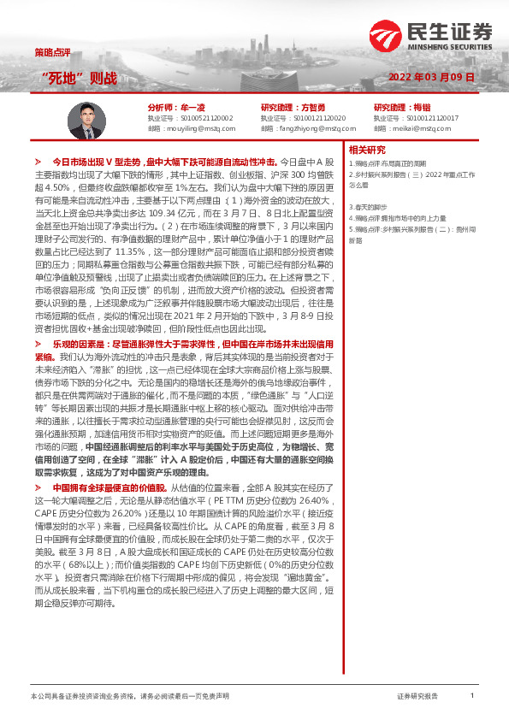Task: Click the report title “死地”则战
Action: (79, 78)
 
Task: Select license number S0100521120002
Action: (201, 116)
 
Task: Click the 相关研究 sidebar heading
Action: (369, 149)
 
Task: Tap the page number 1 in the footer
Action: (471, 696)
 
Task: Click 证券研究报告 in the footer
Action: (417, 696)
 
